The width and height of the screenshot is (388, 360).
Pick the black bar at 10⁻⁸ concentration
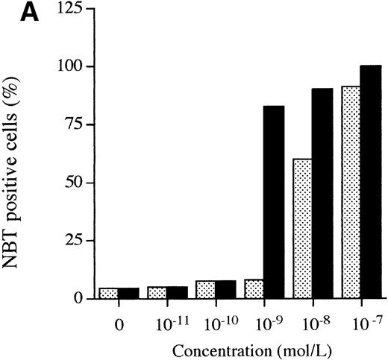click(322, 194)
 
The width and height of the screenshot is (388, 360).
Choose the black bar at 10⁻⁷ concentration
click(370, 182)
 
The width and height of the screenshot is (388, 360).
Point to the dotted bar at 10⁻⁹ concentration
click(254, 289)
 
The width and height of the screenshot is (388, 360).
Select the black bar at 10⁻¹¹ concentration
click(177, 292)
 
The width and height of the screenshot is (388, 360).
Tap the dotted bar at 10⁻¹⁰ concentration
click(205, 289)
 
